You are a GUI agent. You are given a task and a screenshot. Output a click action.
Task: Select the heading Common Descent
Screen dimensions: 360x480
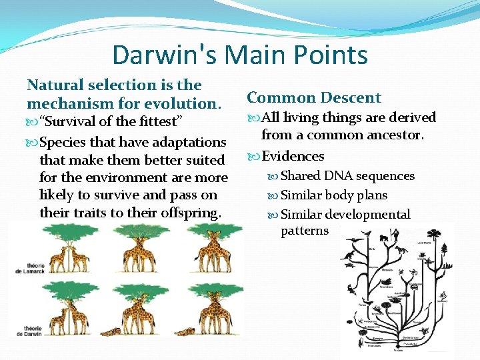pos(313,98)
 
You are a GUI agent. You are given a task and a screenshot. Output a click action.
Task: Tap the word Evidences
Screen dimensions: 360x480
pos(293,156)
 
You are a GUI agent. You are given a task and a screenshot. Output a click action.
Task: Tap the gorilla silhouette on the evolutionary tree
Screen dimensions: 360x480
pos(384,237)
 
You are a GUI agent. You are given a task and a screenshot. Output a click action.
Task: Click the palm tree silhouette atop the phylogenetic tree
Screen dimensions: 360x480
pos(434,235)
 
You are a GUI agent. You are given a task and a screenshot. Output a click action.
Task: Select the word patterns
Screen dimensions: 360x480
pos(305,231)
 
